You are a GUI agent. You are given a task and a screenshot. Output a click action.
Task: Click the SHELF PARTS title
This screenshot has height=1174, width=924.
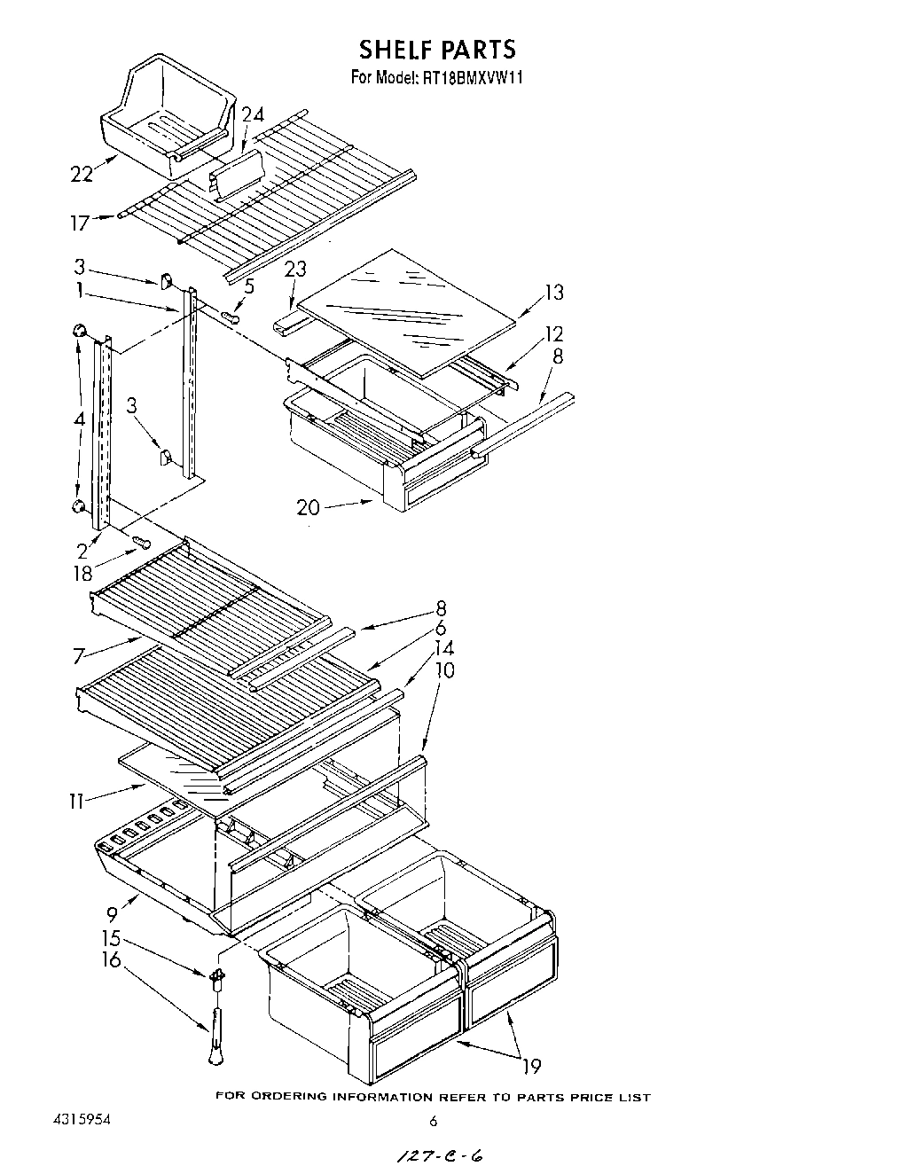[436, 48]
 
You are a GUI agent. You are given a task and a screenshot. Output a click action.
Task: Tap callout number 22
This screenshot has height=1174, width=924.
[82, 175]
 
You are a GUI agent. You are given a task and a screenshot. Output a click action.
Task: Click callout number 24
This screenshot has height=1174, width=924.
[253, 114]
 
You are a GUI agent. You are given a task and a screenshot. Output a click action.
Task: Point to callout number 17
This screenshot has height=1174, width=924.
[80, 223]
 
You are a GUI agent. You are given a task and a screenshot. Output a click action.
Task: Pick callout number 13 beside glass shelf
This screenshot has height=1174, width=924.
[553, 293]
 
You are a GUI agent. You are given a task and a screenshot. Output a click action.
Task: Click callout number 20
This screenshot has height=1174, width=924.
[308, 506]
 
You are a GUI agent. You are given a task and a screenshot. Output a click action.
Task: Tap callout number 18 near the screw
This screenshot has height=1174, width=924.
[82, 574]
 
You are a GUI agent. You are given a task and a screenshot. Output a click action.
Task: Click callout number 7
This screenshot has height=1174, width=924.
[78, 656]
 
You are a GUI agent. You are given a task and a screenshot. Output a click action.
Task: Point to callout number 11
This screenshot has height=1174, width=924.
[77, 802]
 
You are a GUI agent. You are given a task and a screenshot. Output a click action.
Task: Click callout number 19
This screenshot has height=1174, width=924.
[532, 1066]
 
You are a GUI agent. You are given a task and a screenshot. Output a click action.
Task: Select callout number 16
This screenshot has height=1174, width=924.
[111, 959]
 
